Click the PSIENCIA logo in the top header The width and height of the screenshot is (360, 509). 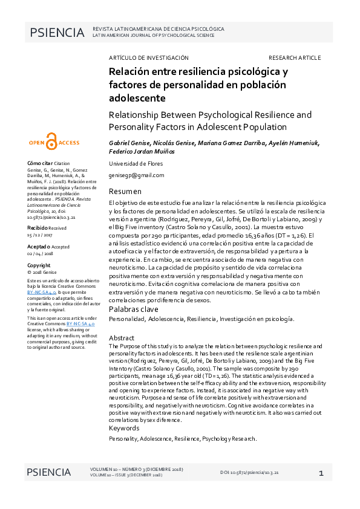(56, 33)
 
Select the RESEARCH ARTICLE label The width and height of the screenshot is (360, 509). (294, 57)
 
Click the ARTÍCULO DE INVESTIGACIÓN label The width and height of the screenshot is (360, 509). (148, 57)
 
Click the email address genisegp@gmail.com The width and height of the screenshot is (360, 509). (136, 175)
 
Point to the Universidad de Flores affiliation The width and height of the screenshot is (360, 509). (136, 164)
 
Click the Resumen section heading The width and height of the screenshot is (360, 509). (125, 192)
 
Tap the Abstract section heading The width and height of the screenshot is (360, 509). (121, 337)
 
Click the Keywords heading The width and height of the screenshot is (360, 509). (124, 428)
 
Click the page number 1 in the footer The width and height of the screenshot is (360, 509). (321, 473)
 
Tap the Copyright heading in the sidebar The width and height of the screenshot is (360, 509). (39, 265)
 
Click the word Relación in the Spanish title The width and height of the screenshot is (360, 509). (129, 71)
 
